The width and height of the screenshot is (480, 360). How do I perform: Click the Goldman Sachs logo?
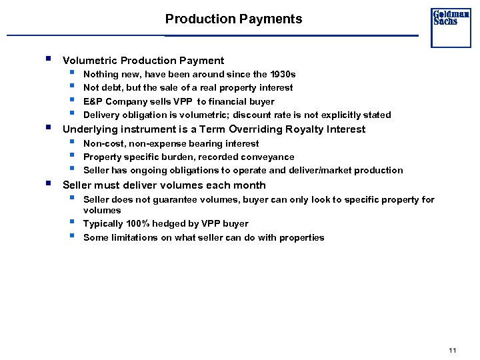[451, 27]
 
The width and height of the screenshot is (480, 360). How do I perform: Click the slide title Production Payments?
[233, 19]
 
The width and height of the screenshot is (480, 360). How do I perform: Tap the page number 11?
[453, 351]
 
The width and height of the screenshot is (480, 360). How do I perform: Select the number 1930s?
[280, 74]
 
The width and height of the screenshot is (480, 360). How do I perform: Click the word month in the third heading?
[249, 185]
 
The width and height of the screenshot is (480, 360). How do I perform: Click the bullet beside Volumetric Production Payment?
[49, 59]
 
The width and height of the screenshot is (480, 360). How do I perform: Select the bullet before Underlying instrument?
[49, 127]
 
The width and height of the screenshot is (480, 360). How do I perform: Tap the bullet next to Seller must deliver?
[49, 183]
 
